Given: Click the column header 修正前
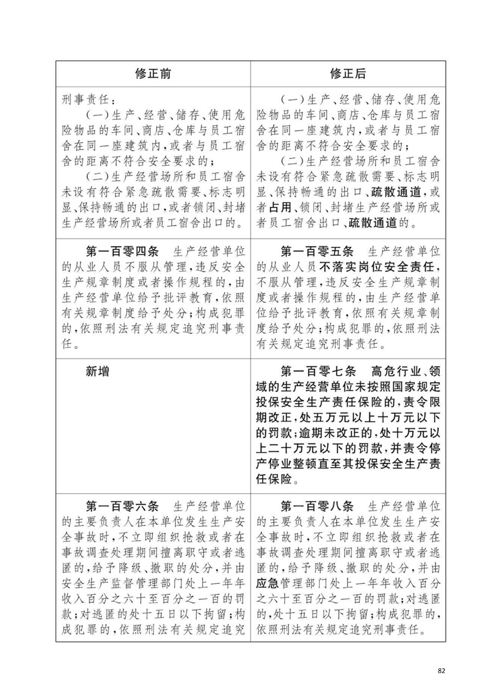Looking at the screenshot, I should pyautogui.click(x=154, y=74).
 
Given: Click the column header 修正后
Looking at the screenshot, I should pyautogui.click(x=348, y=74).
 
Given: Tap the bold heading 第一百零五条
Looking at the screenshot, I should pyautogui.click(x=317, y=252).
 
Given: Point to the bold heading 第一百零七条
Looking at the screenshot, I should pyautogui.click(x=317, y=371).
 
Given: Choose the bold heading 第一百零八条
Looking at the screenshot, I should pyautogui.click(x=317, y=503).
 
